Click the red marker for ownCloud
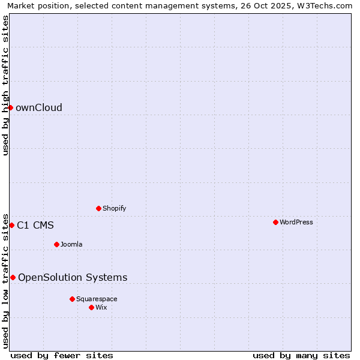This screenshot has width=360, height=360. point(10,107)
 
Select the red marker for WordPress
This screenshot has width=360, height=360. point(275,222)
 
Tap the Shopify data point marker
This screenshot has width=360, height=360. point(98,208)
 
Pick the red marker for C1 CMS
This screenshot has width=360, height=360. point(11,225)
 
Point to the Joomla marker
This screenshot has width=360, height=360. point(56,244)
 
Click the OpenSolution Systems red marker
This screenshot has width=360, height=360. point(13,277)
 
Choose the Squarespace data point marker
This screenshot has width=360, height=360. point(72,299)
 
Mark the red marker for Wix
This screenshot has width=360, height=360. point(91,307)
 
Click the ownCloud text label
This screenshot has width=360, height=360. point(39,108)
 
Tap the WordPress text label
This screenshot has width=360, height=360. point(296,222)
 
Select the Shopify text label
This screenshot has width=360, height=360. point(114,208)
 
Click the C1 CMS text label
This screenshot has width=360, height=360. point(35,226)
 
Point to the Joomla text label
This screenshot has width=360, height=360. point(71,244)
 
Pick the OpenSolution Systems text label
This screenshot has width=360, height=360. point(73,277)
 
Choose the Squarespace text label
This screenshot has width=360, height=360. point(97,299)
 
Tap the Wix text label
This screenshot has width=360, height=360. point(101,307)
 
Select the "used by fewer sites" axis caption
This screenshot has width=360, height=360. point(62,355)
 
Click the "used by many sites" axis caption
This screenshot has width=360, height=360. point(301,355)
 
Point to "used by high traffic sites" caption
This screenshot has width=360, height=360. point(5,85)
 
